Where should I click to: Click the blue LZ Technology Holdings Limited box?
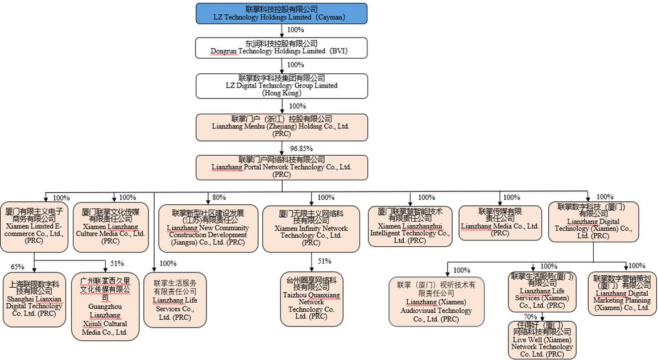coord(282,13)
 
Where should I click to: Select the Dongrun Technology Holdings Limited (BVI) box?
coord(282,48)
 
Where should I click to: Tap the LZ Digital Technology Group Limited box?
coord(282,85)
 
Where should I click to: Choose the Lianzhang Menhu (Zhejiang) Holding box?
coord(282,127)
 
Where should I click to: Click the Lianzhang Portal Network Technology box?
coord(282,167)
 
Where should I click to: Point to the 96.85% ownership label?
coord(301,148)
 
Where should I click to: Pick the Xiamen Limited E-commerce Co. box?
coord(34,226)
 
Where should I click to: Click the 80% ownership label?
coord(219,198)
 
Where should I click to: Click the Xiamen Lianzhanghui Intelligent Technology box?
coord(409,226)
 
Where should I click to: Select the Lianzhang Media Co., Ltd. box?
coord(500,222)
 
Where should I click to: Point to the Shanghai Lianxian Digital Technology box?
coord(34,299)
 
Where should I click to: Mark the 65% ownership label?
coord(18,266)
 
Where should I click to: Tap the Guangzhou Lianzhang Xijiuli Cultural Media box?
coord(106,306)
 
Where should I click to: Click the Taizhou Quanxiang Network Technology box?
coord(311,299)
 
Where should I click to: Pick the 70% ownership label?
coord(530,316)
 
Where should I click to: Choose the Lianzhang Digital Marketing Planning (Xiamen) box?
coord(622,293)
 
